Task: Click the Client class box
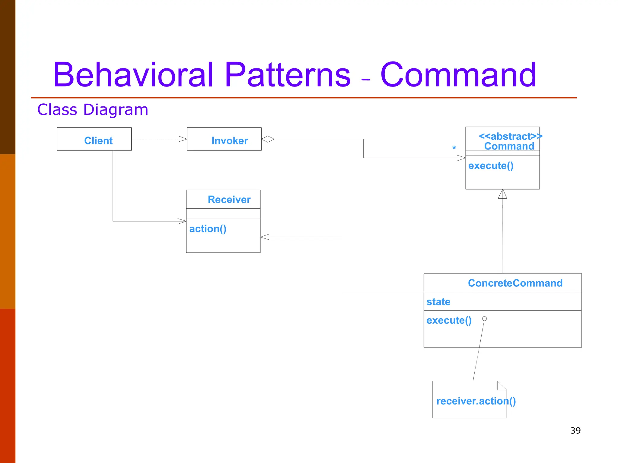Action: (x=94, y=139)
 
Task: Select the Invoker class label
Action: (x=229, y=140)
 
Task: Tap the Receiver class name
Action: (x=229, y=200)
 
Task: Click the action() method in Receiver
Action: (x=208, y=229)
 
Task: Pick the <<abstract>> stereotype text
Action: (x=510, y=136)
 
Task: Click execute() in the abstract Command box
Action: (x=491, y=165)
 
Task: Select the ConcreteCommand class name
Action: (x=515, y=283)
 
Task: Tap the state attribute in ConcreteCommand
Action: (x=438, y=302)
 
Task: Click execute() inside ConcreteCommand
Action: (x=449, y=320)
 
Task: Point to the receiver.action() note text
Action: (x=476, y=401)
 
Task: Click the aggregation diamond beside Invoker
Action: (x=268, y=139)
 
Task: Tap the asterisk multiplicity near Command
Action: (x=454, y=148)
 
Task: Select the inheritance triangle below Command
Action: (x=502, y=194)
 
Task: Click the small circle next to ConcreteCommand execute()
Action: (x=484, y=319)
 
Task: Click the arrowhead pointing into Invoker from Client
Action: (x=183, y=139)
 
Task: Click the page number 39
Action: (x=575, y=430)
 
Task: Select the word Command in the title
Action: (x=458, y=75)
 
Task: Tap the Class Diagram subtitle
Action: (x=93, y=109)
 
